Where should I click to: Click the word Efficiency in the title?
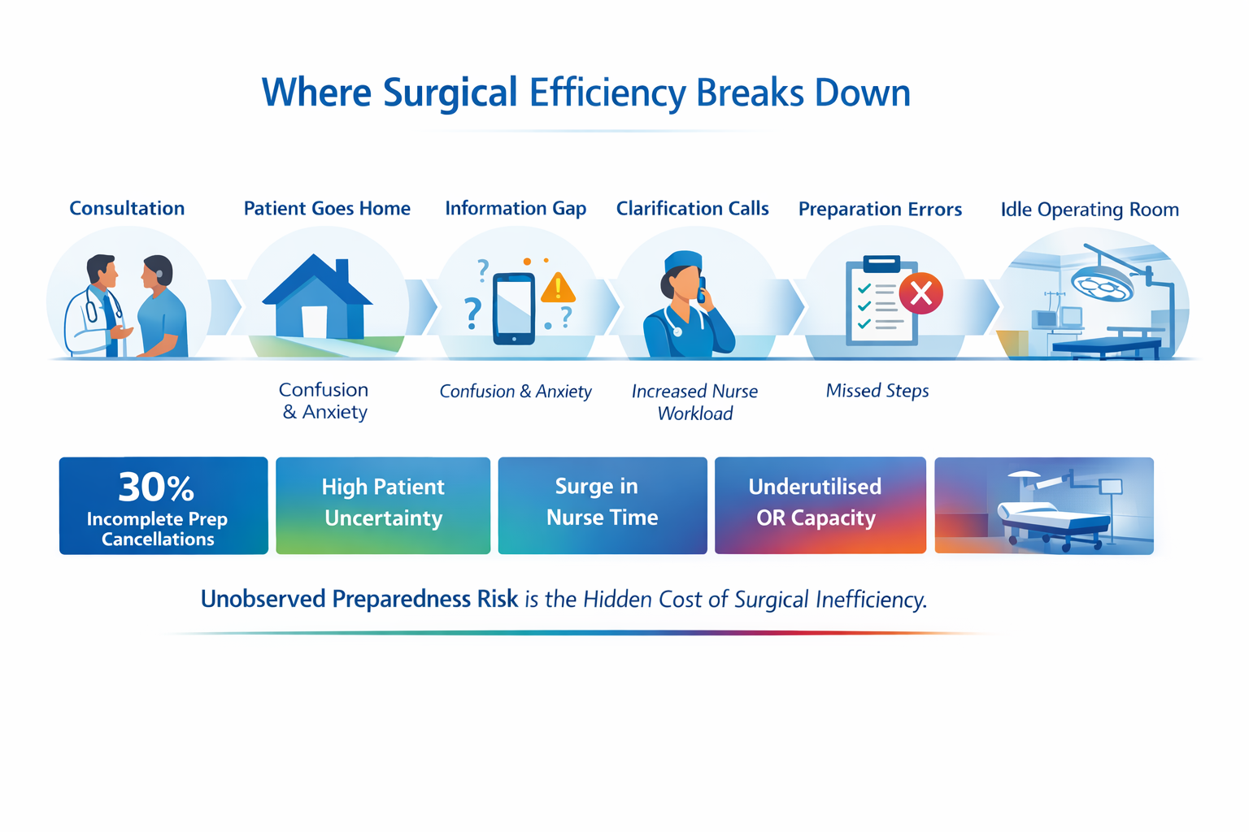(607, 93)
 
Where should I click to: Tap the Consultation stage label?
(127, 209)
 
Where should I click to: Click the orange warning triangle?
(558, 288)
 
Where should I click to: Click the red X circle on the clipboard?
(920, 293)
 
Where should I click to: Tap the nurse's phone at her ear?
(702, 290)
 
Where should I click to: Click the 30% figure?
(156, 487)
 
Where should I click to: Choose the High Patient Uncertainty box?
(383, 505)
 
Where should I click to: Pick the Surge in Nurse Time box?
(603, 505)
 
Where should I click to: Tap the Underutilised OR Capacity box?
(820, 505)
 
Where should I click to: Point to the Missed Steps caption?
(877, 391)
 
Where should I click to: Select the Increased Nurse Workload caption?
(694, 402)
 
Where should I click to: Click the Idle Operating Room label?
(1090, 210)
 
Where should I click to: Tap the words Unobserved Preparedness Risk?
(359, 599)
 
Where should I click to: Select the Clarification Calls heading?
(693, 209)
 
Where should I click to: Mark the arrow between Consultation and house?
(225, 307)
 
